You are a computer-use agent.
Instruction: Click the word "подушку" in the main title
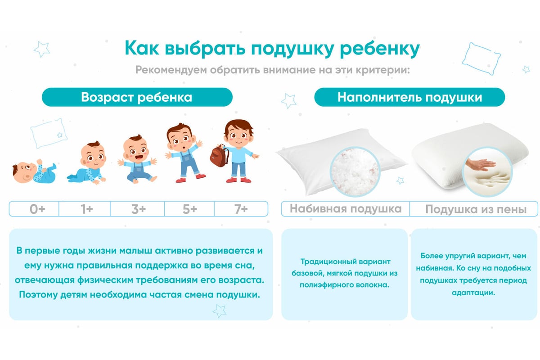tap(292, 49)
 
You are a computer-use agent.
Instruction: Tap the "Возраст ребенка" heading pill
tap(137, 97)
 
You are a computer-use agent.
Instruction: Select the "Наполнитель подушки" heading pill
tap(409, 97)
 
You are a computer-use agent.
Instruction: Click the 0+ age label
tap(37, 209)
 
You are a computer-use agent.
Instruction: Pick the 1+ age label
tap(87, 209)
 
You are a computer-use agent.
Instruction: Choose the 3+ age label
tap(139, 209)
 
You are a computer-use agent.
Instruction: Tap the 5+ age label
tap(190, 209)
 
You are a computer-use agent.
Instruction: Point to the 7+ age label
tap(241, 209)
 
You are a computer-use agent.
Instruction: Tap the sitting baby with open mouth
tap(137, 159)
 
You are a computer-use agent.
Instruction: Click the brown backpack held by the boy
tap(220, 156)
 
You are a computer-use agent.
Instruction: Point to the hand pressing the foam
tap(480, 165)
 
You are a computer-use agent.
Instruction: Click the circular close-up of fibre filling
tap(355, 172)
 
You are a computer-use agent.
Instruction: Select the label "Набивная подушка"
tap(346, 209)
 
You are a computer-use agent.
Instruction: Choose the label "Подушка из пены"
tap(476, 209)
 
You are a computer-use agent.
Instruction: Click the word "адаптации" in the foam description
tap(473, 293)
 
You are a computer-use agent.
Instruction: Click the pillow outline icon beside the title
tap(481, 58)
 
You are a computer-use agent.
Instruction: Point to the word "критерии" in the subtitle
tap(383, 70)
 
